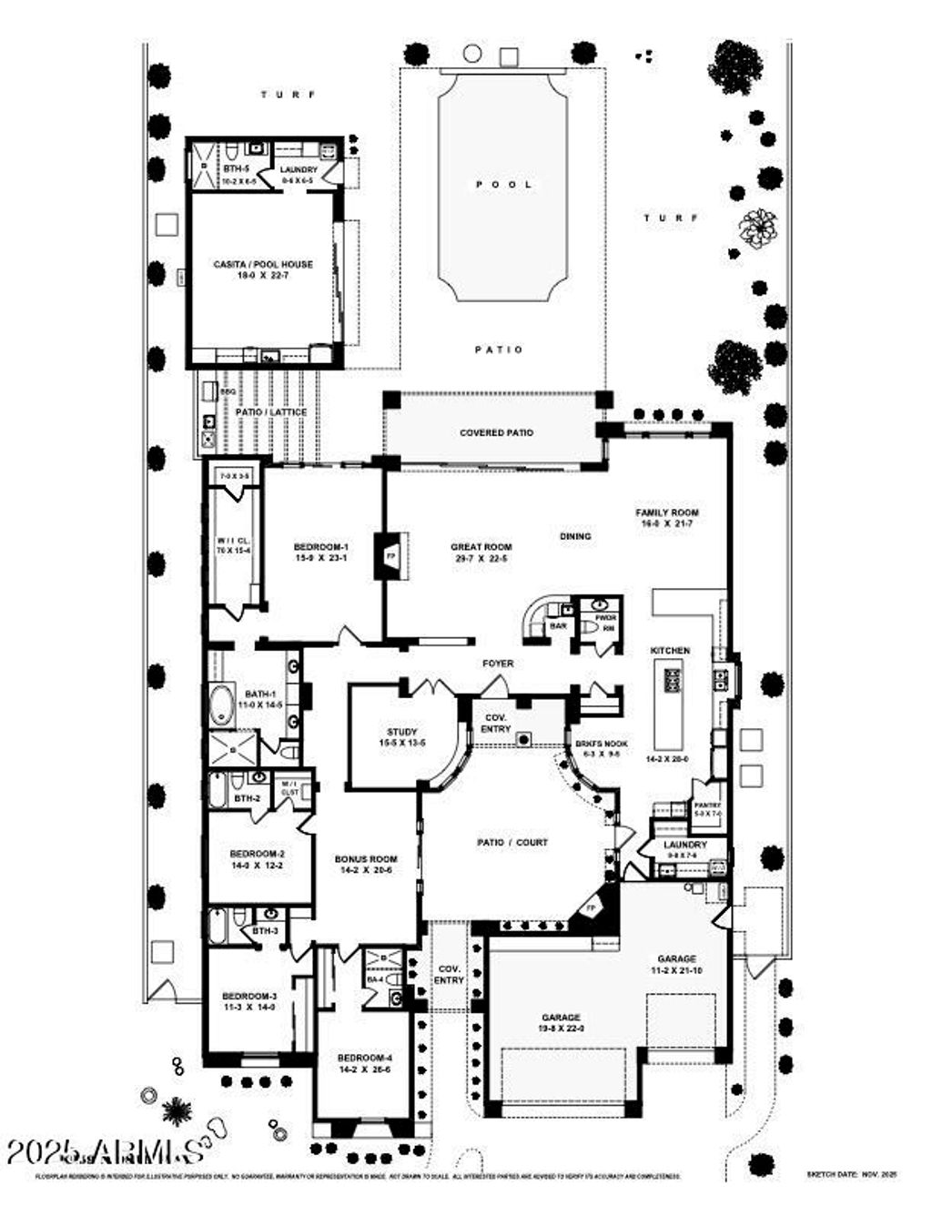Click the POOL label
503,185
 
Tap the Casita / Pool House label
263,269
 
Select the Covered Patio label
496,433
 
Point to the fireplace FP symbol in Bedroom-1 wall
391,555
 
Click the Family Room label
667,518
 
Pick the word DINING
575,536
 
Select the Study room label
401,737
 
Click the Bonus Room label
366,865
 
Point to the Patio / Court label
512,843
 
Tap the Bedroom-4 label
364,1063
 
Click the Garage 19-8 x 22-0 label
562,1023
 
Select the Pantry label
707,809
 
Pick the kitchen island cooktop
672,680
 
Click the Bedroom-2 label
258,859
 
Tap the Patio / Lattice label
271,412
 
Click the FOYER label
498,664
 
